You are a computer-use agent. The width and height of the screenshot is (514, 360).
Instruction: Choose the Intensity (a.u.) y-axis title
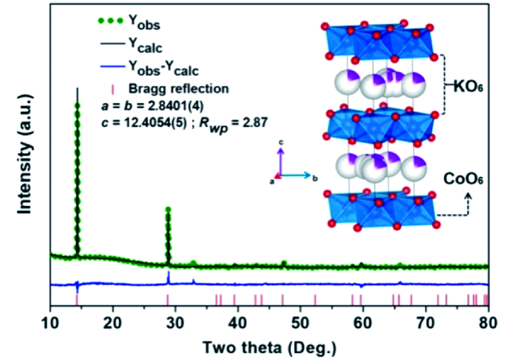[24, 157]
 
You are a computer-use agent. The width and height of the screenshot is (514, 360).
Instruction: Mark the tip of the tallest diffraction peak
[77, 89]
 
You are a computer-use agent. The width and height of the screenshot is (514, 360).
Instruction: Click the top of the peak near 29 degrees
[168, 209]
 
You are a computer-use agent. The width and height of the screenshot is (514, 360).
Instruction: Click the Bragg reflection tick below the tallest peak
[77, 300]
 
